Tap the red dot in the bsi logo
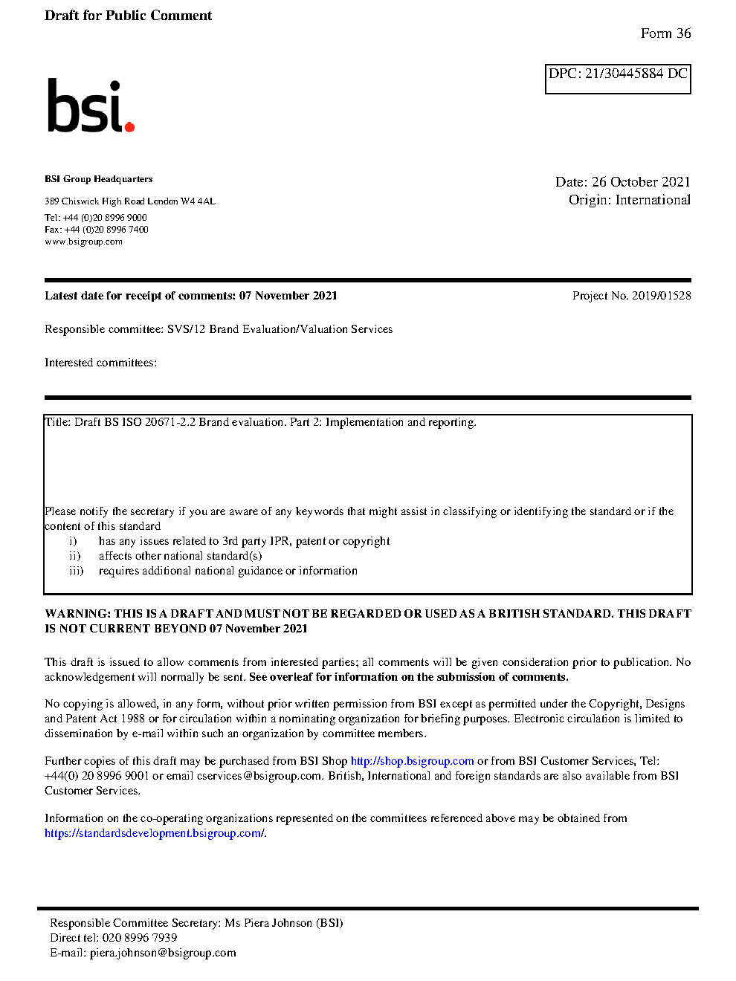pyautogui.click(x=130, y=126)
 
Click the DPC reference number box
pyautogui.click(x=618, y=78)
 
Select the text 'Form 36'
pyautogui.click(x=665, y=33)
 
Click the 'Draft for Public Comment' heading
pyautogui.click(x=128, y=16)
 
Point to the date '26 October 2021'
pyautogui.click(x=641, y=182)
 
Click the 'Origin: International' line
pyautogui.click(x=629, y=200)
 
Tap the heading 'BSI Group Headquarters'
pyautogui.click(x=98, y=179)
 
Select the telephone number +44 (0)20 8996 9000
pyautogui.click(x=105, y=218)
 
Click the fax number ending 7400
pyautogui.click(x=106, y=230)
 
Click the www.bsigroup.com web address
pyautogui.click(x=83, y=242)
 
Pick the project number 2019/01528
pyautogui.click(x=661, y=296)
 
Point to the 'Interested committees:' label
pyautogui.click(x=100, y=363)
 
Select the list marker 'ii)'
pyautogui.click(x=74, y=556)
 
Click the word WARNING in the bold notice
pyautogui.click(x=77, y=614)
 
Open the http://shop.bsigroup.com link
pyautogui.click(x=412, y=761)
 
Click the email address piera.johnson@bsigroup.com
pyautogui.click(x=163, y=953)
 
